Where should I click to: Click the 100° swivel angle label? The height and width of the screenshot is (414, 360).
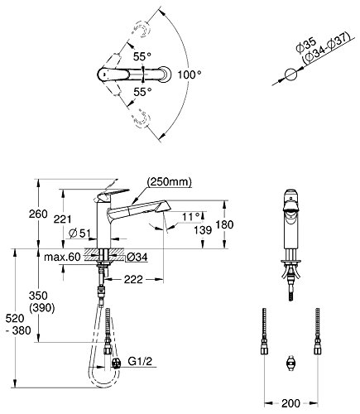190,75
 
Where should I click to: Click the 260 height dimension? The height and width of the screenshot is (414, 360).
38,214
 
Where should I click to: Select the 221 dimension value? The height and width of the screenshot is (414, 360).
62,219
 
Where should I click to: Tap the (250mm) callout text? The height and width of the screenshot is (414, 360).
169,182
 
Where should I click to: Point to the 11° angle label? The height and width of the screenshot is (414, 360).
190,217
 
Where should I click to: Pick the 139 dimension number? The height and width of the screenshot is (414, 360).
203,230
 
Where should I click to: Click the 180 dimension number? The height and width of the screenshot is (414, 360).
225,224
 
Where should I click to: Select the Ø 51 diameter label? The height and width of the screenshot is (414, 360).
79,233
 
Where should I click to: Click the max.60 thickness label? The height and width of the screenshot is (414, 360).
62,258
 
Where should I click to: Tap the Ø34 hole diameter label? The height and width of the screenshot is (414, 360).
137,258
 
